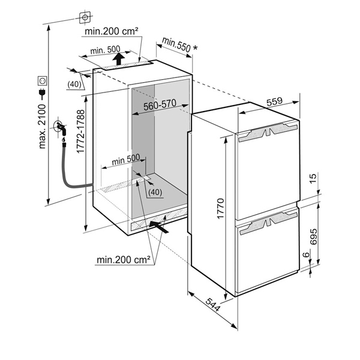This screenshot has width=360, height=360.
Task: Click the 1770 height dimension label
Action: coord(220,208)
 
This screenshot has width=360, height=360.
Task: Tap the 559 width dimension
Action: coord(275,101)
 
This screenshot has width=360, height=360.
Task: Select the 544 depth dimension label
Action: coord(212,304)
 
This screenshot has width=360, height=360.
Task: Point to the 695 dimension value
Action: coord(313,236)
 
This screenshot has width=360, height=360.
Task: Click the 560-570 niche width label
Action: coord(160,104)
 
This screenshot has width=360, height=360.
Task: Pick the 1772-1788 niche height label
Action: coord(81,131)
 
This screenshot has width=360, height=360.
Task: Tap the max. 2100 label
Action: coord(42,127)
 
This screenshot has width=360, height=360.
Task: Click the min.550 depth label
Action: coord(176,44)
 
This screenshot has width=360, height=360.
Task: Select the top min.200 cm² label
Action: coord(112,31)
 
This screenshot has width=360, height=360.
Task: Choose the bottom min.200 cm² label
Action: coord(123,260)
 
